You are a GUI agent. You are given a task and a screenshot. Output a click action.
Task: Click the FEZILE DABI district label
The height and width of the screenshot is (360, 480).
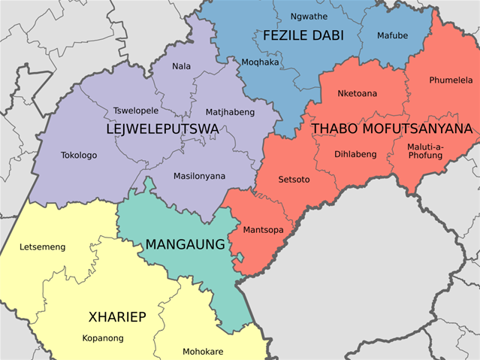click(x=302, y=35)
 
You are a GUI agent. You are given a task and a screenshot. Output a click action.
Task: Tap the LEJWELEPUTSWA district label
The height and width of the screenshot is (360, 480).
click(x=163, y=129)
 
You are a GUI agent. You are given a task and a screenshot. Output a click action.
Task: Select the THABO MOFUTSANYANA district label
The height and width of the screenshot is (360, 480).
click(x=391, y=129)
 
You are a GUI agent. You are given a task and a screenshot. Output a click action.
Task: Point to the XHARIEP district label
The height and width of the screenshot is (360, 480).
click(x=116, y=316)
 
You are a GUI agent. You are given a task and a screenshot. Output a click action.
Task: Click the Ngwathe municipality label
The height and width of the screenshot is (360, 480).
click(x=309, y=16)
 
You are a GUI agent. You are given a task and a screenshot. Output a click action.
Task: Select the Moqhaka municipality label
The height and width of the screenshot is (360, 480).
click(x=259, y=62)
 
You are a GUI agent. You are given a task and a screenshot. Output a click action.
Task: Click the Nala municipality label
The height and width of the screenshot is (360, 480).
click(x=181, y=66)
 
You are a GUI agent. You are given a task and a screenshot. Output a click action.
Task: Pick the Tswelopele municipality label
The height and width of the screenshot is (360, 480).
click(x=135, y=110)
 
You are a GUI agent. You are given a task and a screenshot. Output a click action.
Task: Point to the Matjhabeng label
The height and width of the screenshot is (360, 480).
click(x=230, y=112)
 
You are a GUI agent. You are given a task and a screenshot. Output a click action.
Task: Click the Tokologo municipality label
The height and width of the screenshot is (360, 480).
click(x=79, y=156)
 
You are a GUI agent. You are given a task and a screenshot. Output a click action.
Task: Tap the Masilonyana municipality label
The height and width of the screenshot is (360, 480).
click(x=199, y=176)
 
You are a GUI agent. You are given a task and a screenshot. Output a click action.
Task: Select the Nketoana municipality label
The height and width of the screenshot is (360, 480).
click(x=358, y=93)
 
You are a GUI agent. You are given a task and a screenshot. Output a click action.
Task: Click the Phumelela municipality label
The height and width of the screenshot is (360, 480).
click(x=451, y=80)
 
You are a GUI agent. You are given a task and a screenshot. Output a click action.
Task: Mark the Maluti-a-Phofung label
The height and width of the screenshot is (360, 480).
click(x=425, y=150)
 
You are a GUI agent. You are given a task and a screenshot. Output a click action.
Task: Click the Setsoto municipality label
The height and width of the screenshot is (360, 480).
click(x=294, y=180)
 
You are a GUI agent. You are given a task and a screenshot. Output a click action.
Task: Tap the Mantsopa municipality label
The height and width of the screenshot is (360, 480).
click(x=264, y=229)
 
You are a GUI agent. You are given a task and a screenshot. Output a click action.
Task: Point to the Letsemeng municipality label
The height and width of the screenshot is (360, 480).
click(x=42, y=247)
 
